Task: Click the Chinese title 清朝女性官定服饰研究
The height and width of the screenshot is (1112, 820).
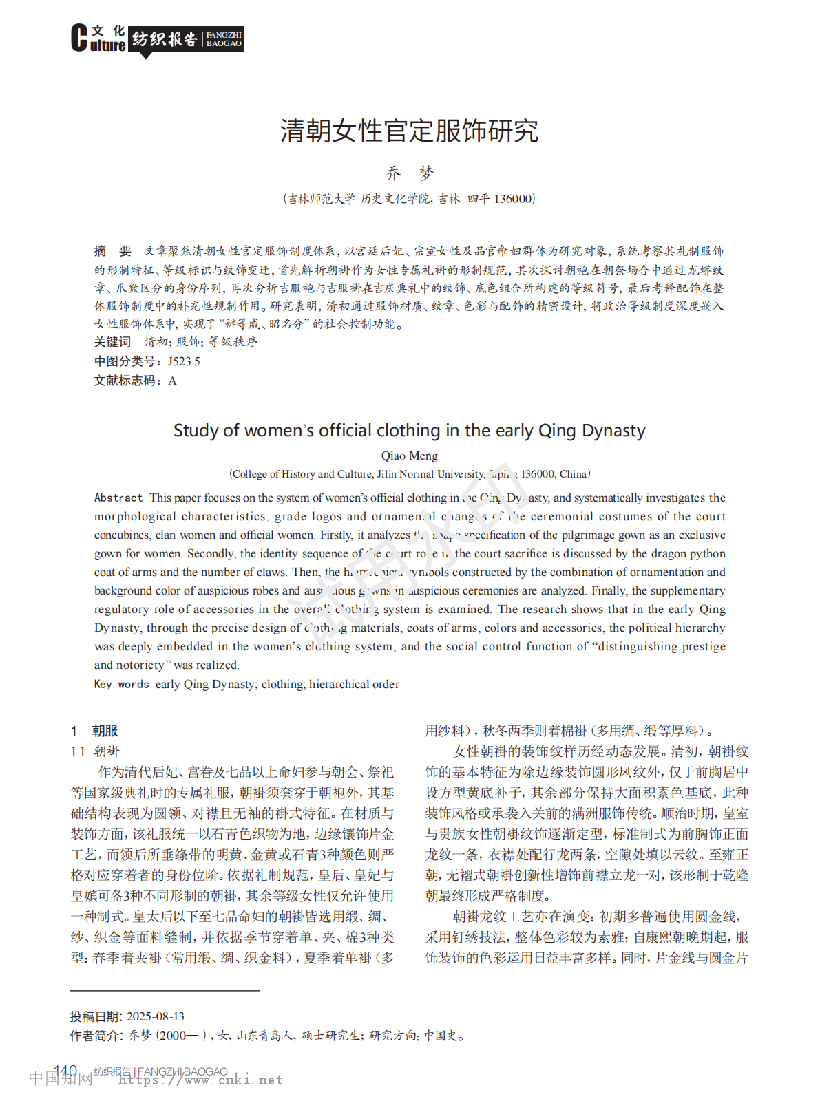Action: pos(409,131)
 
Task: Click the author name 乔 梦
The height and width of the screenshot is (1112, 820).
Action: pos(410,173)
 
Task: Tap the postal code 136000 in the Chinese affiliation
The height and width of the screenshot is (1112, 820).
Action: pos(513,199)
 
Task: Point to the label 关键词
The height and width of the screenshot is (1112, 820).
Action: pos(112,342)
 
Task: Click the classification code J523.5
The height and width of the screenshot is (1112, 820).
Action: pos(184,361)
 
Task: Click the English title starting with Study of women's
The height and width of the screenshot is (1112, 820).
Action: pos(409,431)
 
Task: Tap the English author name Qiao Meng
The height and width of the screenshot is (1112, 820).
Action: pos(409,456)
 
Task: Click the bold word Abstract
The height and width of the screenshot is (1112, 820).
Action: pos(118,498)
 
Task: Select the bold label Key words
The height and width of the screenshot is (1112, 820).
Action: pos(121,684)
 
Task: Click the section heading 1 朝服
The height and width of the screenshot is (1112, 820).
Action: pos(95,731)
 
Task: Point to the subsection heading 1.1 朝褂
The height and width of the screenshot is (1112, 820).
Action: pos(95,751)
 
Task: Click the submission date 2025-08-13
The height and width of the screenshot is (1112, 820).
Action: pos(156,1016)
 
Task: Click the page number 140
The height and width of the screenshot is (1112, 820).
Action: pos(65,1071)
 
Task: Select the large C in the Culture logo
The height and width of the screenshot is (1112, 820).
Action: pos(79,38)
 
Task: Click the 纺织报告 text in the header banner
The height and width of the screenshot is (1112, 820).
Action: pos(165,39)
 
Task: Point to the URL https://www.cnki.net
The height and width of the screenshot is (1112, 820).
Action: pos(200,1080)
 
